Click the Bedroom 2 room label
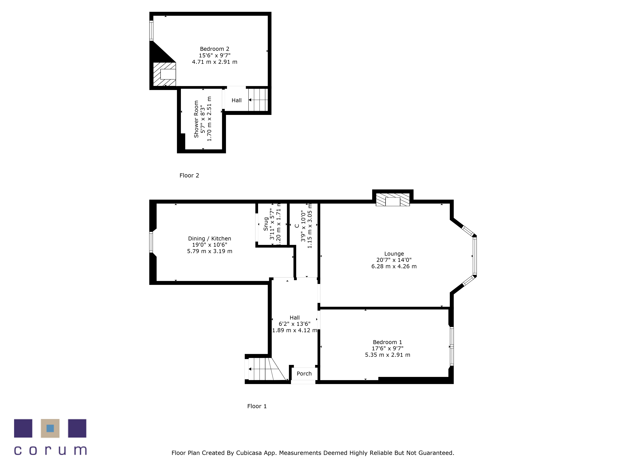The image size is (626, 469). click(x=215, y=49)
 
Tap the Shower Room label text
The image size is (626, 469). click(x=196, y=119)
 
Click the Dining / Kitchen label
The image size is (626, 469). click(x=209, y=239)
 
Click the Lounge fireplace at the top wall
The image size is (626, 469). click(x=393, y=200)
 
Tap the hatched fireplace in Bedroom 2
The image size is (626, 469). click(x=164, y=74)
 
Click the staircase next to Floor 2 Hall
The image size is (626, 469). click(x=258, y=100)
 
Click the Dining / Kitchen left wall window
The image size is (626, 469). click(x=151, y=242)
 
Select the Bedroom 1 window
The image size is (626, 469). click(x=452, y=346)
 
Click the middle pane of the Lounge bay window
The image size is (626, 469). click(x=475, y=256)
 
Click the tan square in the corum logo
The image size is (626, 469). click(x=50, y=428)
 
